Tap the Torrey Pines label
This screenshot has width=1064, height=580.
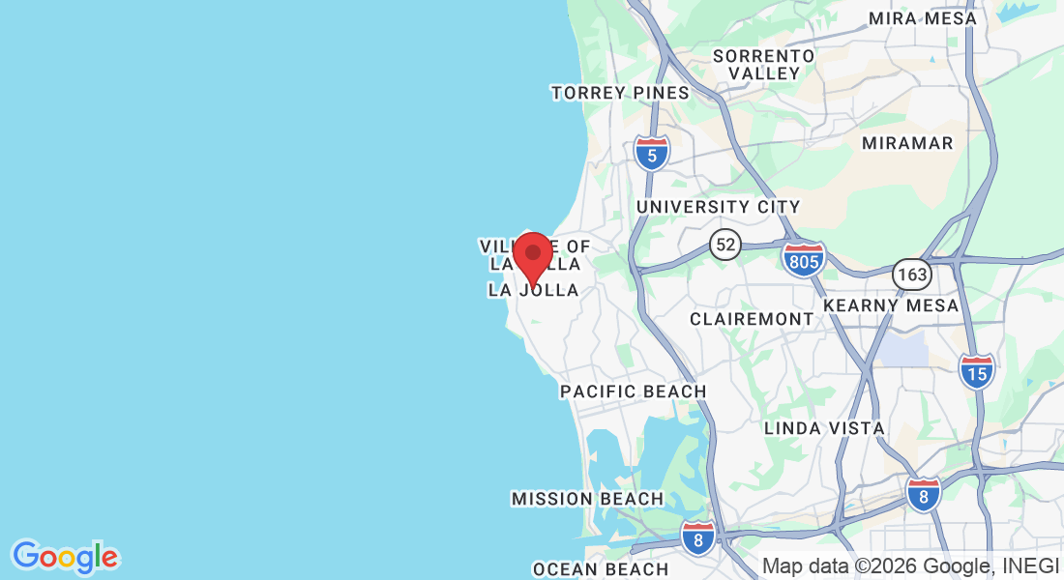tap(620, 93)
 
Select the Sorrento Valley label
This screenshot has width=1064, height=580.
tap(764, 65)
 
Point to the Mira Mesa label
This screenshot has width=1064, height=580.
tap(922, 18)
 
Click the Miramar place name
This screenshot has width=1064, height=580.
tap(907, 143)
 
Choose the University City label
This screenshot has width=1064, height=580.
tap(718, 207)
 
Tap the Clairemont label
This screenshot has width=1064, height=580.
tap(752, 319)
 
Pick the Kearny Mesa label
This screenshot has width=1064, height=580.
tap(891, 305)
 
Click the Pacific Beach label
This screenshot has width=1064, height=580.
tap(634, 391)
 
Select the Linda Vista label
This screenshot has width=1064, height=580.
tap(824, 427)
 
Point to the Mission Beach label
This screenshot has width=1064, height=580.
tap(587, 499)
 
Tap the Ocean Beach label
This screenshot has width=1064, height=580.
tap(601, 568)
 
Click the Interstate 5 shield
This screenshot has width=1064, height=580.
tap(652, 153)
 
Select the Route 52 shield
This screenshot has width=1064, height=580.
tap(724, 245)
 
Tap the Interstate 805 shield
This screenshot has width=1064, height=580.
tap(804, 260)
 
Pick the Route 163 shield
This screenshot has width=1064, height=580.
tap(911, 275)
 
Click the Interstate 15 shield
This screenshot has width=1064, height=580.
tap(977, 371)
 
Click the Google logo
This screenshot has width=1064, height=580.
tap(66, 557)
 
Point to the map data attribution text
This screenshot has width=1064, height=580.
tap(910, 566)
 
